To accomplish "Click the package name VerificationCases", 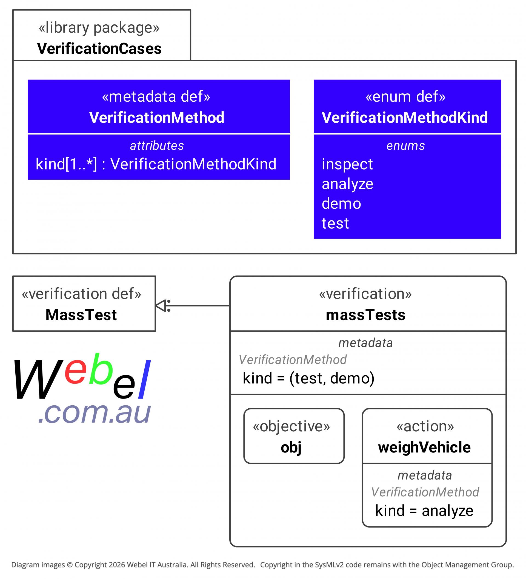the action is pyautogui.click(x=99, y=48).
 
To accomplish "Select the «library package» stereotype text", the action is pyautogui.click(x=99, y=28).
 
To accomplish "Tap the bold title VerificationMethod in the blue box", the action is pyautogui.click(x=156, y=117).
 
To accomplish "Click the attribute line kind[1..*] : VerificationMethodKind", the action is pyautogui.click(x=156, y=164).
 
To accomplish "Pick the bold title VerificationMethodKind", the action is pyautogui.click(x=404, y=117).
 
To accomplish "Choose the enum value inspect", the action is pyautogui.click(x=347, y=164).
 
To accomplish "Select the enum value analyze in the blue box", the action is pyautogui.click(x=347, y=184).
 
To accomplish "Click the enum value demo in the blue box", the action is pyautogui.click(x=341, y=203).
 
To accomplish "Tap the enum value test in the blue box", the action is pyautogui.click(x=335, y=223).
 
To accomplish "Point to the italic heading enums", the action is pyautogui.click(x=405, y=146).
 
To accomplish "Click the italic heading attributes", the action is pyautogui.click(x=157, y=146).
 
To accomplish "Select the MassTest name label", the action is pyautogui.click(x=81, y=315).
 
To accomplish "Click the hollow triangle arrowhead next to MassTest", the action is pyautogui.click(x=161, y=306).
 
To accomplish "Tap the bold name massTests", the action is pyautogui.click(x=365, y=315).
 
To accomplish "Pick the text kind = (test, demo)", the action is pyautogui.click(x=308, y=378).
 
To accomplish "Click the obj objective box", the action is pyautogui.click(x=294, y=436).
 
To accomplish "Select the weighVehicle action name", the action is pyautogui.click(x=424, y=448).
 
